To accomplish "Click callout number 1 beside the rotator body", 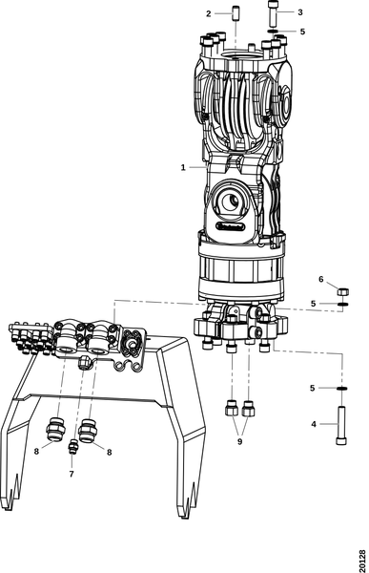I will (x=182, y=167).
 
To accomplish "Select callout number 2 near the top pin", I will (x=209, y=13).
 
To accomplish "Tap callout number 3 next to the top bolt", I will (x=300, y=12).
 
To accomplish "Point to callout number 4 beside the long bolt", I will (x=314, y=423).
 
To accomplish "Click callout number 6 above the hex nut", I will (x=320, y=280).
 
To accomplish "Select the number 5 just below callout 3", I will (x=302, y=32).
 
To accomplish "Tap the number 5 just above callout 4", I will (x=314, y=388).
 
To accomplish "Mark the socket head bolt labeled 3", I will (x=274, y=15).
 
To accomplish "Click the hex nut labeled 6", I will (x=344, y=286).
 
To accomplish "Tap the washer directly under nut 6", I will (x=343, y=305).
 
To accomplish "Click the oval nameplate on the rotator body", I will (x=233, y=227).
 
